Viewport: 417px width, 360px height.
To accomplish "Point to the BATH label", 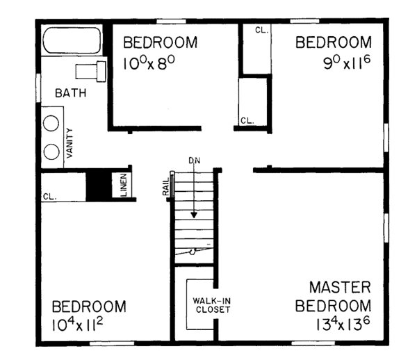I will (x=71, y=92).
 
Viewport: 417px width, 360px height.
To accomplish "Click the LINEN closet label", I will (x=122, y=184).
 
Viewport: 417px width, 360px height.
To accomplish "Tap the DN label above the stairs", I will (x=195, y=161).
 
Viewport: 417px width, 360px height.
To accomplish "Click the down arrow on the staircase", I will (x=195, y=202).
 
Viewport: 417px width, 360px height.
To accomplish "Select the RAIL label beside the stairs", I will (x=166, y=188).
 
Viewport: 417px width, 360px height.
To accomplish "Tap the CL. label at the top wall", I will (x=261, y=31).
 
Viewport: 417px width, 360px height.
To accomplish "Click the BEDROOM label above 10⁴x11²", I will (x=90, y=306).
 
